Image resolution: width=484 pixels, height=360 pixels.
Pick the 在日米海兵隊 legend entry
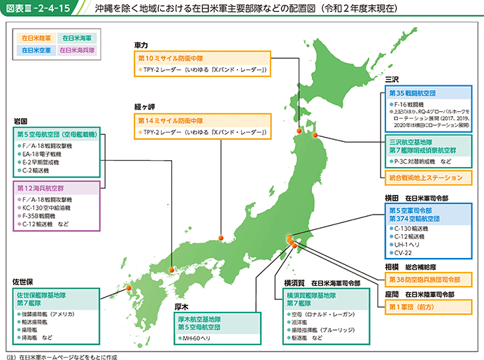pos(77,50)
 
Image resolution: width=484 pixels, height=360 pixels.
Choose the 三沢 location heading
pos(392,80)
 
